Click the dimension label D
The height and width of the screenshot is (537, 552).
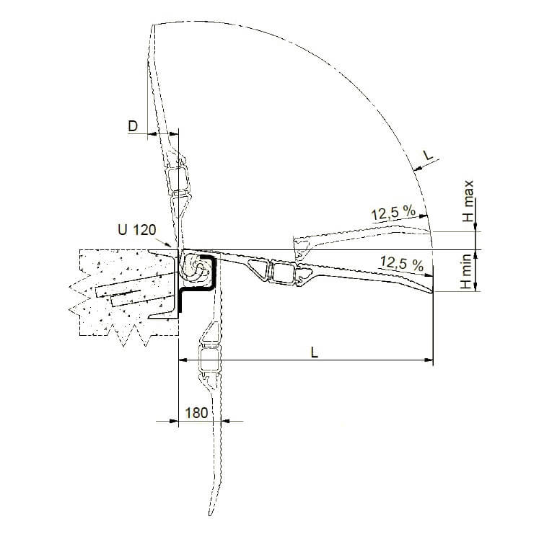133,126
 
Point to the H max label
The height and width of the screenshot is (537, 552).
469,200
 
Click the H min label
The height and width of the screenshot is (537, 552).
468,272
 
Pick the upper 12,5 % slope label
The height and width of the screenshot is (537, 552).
393,213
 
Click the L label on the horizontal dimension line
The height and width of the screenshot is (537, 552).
313,352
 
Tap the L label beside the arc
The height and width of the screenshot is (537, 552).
427,155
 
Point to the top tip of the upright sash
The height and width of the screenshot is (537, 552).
154,27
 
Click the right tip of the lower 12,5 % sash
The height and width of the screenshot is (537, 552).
432,292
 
